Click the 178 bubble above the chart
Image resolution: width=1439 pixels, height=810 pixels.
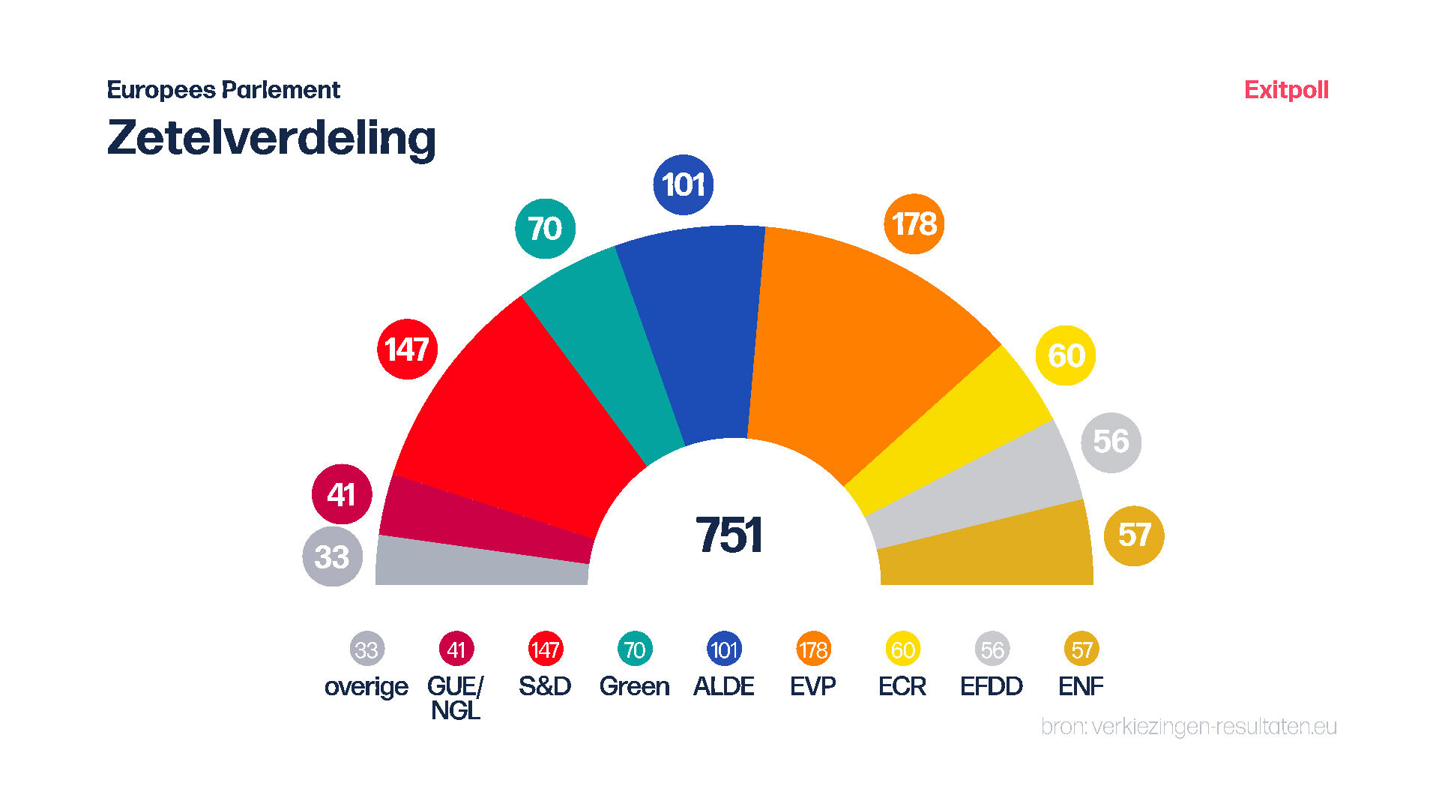tap(914, 223)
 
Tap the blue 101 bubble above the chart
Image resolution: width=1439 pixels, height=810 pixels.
tap(683, 184)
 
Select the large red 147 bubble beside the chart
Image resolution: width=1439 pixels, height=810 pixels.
tap(407, 349)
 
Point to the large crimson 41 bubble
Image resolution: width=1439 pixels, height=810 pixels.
tap(342, 494)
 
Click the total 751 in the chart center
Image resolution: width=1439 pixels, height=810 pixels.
tap(728, 535)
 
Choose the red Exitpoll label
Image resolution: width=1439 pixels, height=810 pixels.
tap(1286, 90)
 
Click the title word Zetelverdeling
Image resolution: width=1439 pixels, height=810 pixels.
tap(271, 138)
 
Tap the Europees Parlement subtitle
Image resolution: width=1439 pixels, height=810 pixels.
tap(223, 90)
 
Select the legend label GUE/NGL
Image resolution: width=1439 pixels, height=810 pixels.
tap(456, 697)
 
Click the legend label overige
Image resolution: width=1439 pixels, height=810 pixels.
tap(366, 686)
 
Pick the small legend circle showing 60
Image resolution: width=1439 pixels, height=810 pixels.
tap(902, 649)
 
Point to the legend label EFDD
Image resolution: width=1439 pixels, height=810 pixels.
tap(992, 686)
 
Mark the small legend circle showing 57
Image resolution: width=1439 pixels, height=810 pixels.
tap(1081, 649)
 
